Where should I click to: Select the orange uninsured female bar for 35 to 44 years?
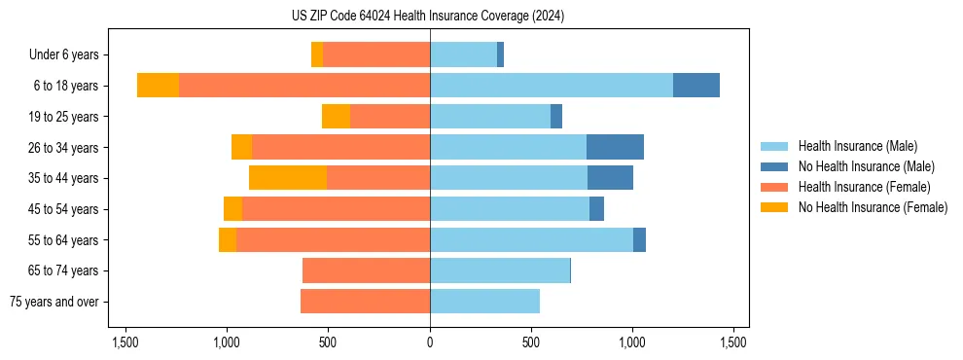pos(288,178)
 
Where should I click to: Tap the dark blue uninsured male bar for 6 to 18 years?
pos(695,86)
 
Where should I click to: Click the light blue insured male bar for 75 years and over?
pos(484,302)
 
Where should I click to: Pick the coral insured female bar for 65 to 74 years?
pos(366,270)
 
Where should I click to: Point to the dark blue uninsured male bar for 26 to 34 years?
pos(615,147)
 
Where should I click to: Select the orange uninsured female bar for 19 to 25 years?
pos(336,117)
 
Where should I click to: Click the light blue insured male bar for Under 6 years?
pos(463,54)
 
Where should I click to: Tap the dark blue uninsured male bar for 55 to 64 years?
pos(639,239)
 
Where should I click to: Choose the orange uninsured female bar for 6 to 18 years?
pos(158,86)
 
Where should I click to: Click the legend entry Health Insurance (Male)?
pos(857,146)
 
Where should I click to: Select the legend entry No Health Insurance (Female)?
pos(873,207)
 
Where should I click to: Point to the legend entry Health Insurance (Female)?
pos(864,187)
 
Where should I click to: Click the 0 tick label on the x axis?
pos(430,342)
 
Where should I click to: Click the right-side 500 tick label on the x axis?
pos(531,342)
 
